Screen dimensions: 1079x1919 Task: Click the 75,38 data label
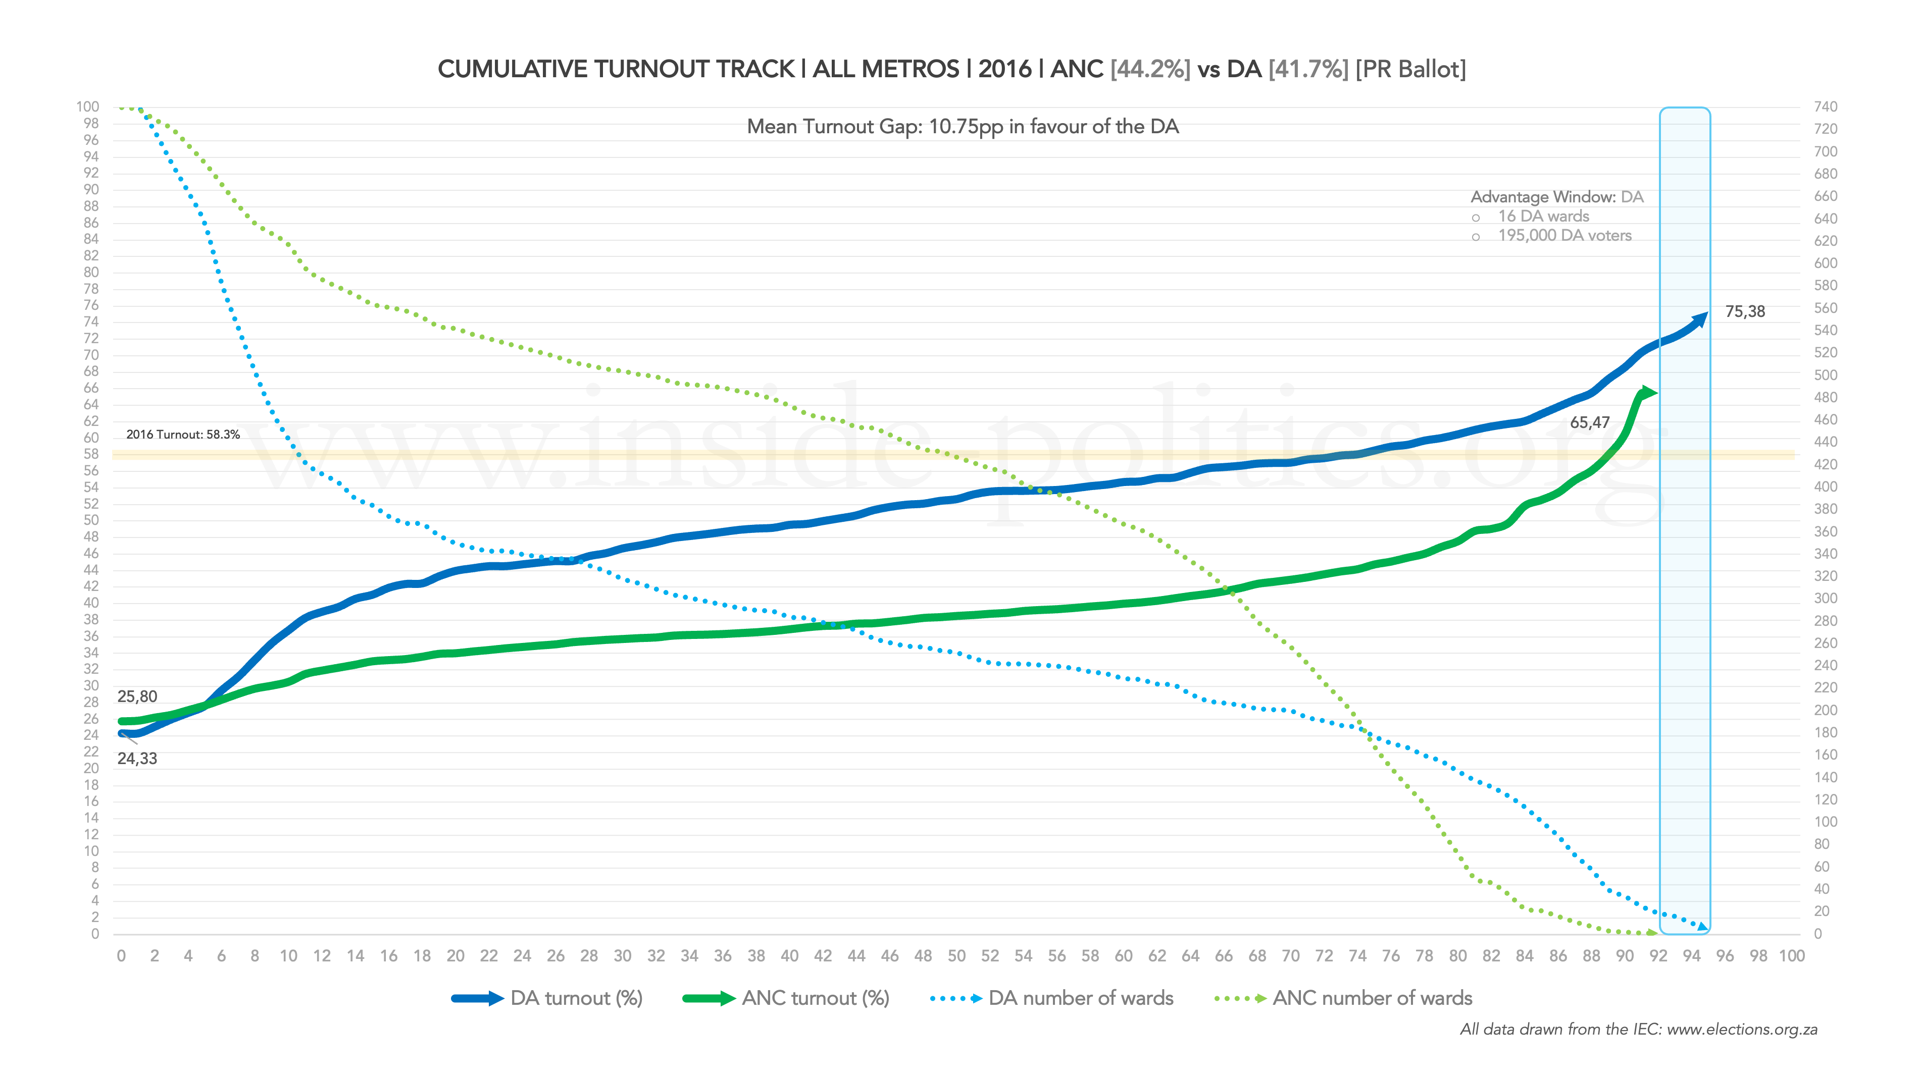1745,312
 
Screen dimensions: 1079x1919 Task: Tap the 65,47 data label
1590,423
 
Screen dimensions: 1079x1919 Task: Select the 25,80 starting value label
137,697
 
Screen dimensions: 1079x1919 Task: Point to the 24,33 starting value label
137,759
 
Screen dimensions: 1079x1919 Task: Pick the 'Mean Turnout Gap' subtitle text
963,127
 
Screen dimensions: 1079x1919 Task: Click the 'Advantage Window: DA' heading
1557,197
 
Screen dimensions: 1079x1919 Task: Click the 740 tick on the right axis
1825,107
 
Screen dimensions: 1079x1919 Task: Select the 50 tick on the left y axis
91,520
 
